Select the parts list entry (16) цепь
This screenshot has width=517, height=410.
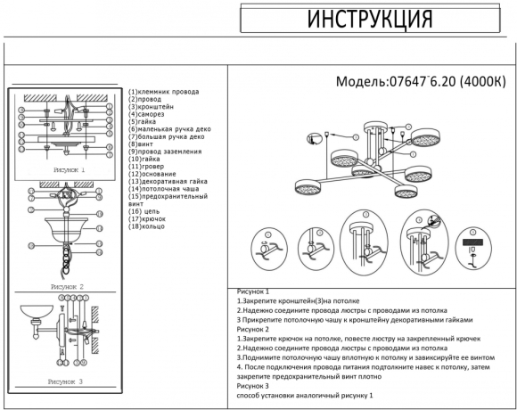click(144, 210)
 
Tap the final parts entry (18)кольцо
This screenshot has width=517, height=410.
click(148, 225)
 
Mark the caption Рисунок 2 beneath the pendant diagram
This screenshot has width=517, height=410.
click(67, 288)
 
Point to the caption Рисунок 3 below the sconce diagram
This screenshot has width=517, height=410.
click(67, 381)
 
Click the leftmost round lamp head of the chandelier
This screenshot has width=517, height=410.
click(308, 189)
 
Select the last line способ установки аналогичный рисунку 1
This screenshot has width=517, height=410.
click(305, 395)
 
